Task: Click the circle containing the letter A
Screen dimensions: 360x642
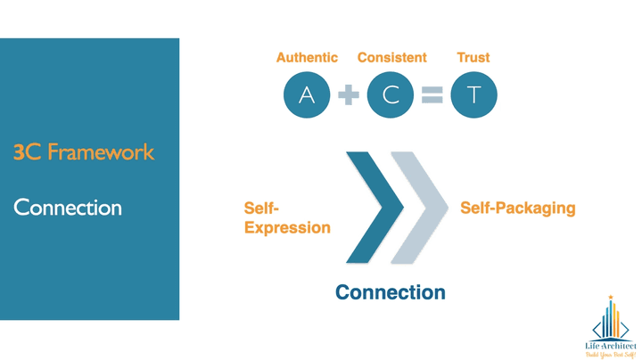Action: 307,94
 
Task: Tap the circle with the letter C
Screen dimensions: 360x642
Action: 391,94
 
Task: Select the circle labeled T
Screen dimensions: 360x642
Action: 473,94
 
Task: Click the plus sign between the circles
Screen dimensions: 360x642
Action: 349,95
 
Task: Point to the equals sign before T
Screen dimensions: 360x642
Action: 432,95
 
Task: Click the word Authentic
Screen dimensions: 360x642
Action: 307,58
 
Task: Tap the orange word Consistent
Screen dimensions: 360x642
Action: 391,58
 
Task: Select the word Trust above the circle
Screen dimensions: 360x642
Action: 473,58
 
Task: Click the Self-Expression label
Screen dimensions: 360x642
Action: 286,218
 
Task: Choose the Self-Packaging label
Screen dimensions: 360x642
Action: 517,209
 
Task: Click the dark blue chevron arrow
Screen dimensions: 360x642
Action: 374,209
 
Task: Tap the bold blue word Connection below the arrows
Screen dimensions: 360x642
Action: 390,292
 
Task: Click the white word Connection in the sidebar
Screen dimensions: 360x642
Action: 68,208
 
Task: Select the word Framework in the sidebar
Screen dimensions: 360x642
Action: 101,152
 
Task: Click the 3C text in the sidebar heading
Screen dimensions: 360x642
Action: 24,152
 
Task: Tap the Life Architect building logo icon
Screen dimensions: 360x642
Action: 611,319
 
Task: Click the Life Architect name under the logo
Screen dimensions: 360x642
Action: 611,344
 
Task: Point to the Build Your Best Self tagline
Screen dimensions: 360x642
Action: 611,353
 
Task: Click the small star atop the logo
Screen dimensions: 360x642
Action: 611,297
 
